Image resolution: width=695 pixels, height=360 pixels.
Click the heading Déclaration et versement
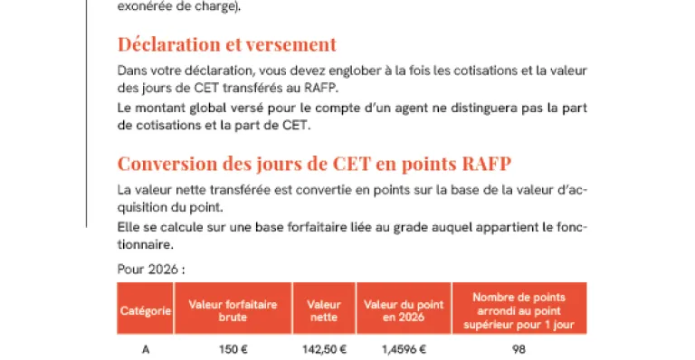(x=226, y=44)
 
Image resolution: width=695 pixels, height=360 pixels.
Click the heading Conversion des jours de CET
(x=314, y=164)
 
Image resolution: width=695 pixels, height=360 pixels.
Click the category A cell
(x=146, y=350)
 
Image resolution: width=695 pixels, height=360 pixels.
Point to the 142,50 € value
(x=324, y=350)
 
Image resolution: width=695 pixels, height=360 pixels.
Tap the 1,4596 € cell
(x=403, y=350)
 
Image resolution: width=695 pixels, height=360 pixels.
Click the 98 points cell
(x=519, y=350)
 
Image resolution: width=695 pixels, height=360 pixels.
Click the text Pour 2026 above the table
(x=151, y=269)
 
